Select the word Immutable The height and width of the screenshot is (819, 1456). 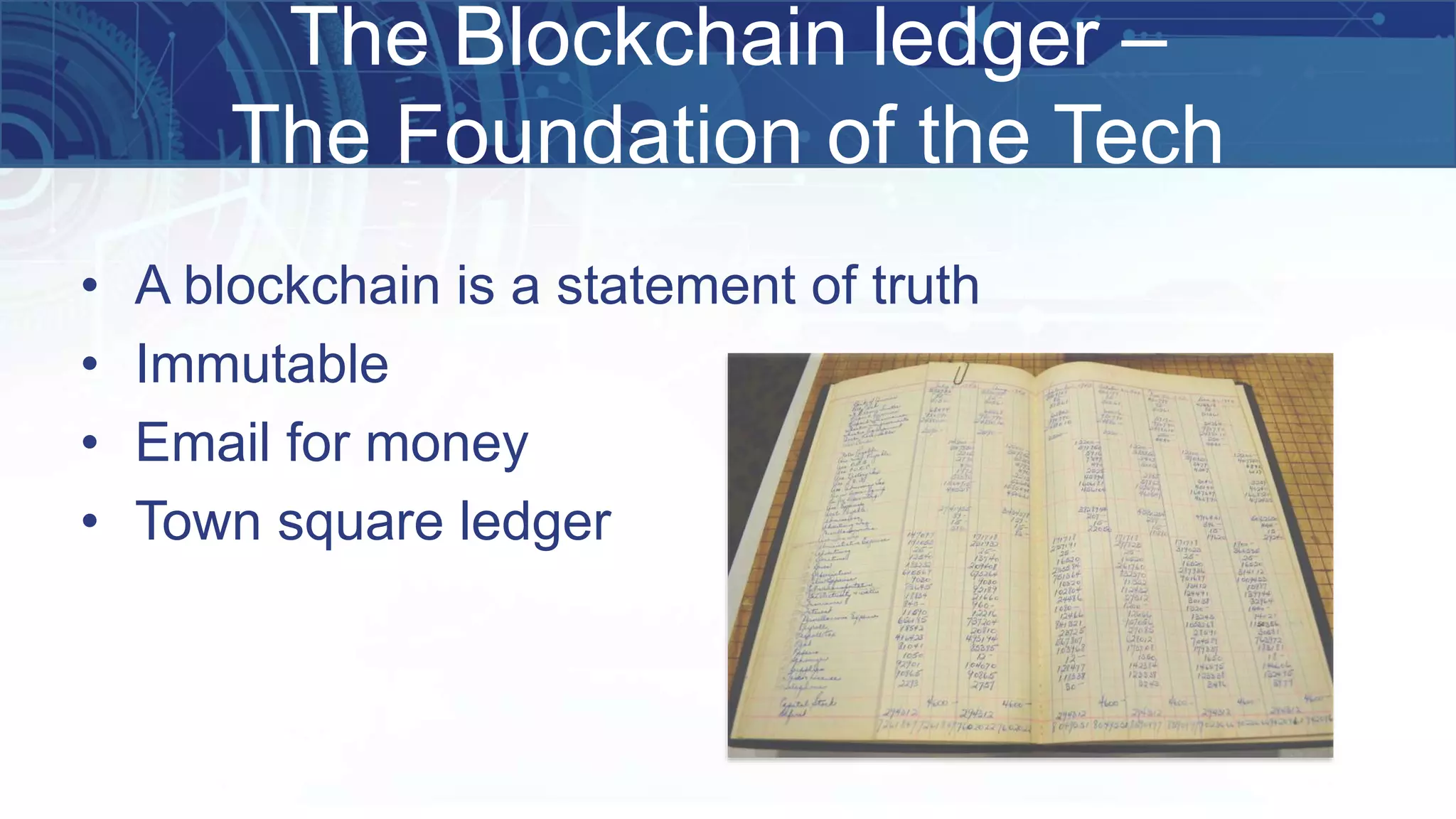click(x=262, y=364)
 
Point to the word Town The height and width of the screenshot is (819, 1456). click(x=198, y=521)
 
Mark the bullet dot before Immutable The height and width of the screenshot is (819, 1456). click(x=89, y=365)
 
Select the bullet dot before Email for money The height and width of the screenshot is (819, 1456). click(x=89, y=443)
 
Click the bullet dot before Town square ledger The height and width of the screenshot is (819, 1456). click(x=89, y=522)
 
